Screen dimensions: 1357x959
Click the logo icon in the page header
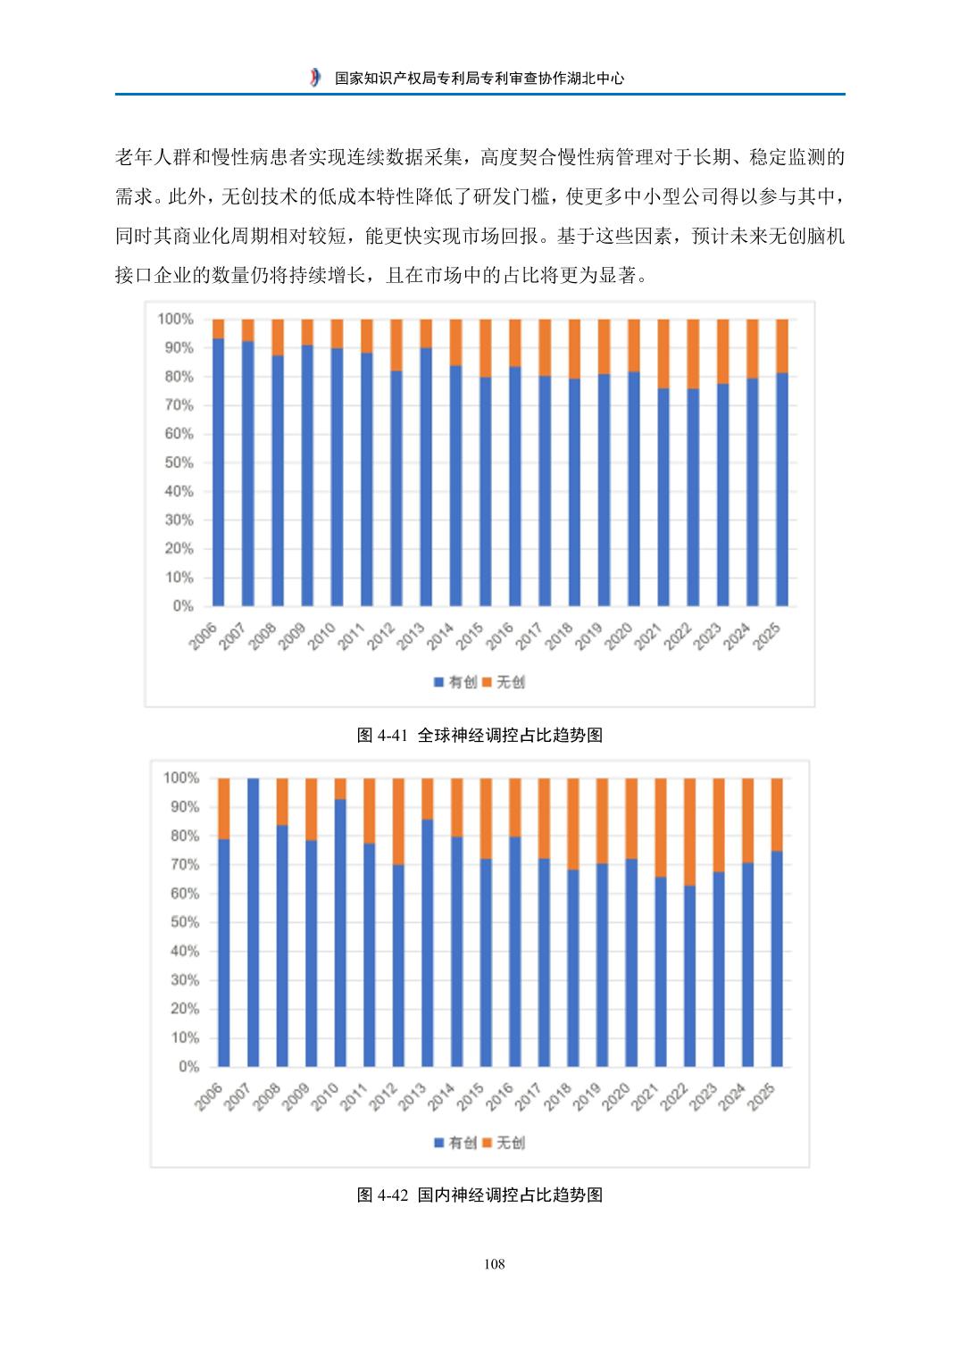pyautogui.click(x=315, y=78)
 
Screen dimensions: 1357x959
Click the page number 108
pyautogui.click(x=494, y=1263)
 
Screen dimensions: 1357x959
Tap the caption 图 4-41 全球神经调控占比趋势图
pyautogui.click(x=479, y=735)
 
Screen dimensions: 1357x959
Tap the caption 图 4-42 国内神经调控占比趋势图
pyautogui.click(x=479, y=1195)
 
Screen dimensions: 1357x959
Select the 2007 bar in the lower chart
pyautogui.click(x=253, y=922)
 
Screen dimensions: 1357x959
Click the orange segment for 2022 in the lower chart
pyautogui.click(x=689, y=831)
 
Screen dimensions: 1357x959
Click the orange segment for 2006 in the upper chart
pyautogui.click(x=218, y=329)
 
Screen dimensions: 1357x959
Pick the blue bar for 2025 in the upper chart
pyautogui.click(x=782, y=489)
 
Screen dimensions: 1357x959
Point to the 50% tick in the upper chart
pyautogui.click(x=179, y=462)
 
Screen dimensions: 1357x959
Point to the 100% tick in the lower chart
pyautogui.click(x=181, y=778)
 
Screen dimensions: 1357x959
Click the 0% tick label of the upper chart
pyautogui.click(x=183, y=606)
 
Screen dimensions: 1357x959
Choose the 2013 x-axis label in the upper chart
pyautogui.click(x=411, y=636)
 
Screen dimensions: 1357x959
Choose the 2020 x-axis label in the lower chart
pyautogui.click(x=617, y=1096)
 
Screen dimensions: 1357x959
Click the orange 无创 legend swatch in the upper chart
pyautogui.click(x=488, y=682)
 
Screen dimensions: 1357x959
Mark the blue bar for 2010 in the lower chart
pyautogui.click(x=340, y=933)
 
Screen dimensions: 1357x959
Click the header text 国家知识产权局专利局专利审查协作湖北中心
pyautogui.click(x=479, y=78)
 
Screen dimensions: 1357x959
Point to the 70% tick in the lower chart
pyautogui.click(x=185, y=865)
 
